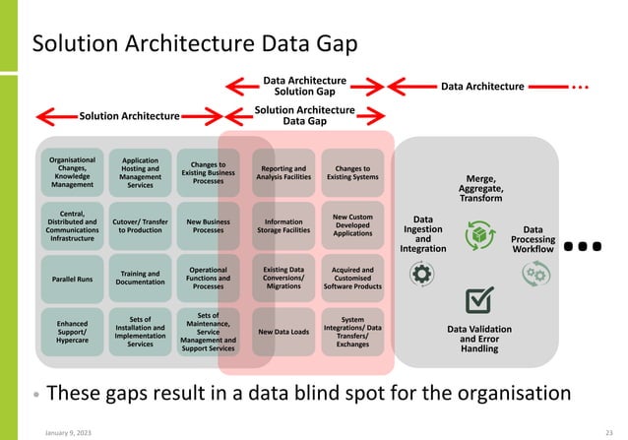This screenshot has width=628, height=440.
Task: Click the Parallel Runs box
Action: click(x=72, y=280)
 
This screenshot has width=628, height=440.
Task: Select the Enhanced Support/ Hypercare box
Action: click(x=72, y=331)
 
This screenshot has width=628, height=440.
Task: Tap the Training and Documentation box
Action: click(x=140, y=279)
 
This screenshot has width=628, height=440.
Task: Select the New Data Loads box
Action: click(x=283, y=332)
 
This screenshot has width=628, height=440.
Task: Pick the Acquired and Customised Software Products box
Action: click(x=353, y=279)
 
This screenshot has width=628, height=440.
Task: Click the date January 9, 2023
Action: click(x=66, y=429)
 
